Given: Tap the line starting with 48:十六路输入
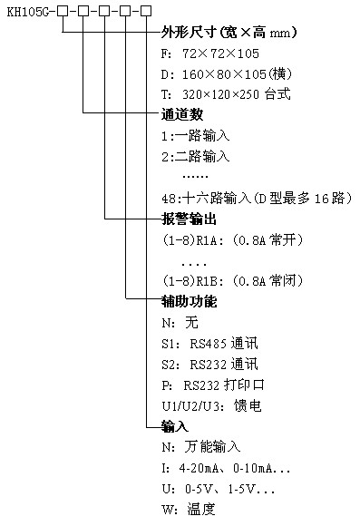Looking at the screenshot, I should pyautogui.click(x=255, y=198).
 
